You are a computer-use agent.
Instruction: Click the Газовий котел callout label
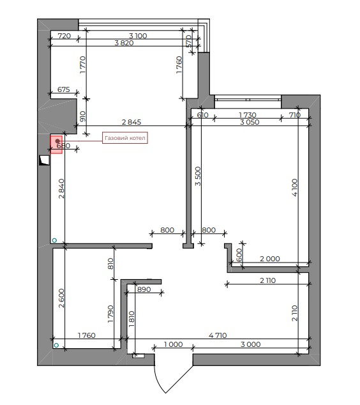coord(125,138)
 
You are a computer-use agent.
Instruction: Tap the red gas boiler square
coord(56,144)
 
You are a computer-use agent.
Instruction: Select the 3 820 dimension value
coord(124,43)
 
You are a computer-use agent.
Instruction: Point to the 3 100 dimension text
coord(138,36)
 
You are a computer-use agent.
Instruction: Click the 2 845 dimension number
coord(131,122)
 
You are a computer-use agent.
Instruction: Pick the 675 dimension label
coord(63,89)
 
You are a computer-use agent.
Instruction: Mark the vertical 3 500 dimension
coord(198,176)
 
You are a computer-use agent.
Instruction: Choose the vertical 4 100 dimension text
coord(295,188)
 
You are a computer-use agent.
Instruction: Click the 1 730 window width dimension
coord(248,115)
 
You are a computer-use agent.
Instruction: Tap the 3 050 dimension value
coord(250,122)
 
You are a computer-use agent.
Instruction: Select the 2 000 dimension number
coord(269,259)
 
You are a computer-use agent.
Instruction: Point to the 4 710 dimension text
coord(218,335)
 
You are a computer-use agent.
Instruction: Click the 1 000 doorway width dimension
coord(173,344)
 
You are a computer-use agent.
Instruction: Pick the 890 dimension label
coord(144,289)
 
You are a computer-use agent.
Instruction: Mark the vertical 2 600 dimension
coord(61,298)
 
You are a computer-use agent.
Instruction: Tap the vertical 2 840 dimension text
coord(61,188)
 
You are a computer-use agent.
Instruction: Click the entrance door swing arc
coord(158,379)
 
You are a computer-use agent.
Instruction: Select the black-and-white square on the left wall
coord(44,160)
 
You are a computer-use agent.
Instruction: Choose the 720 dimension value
coord(64,36)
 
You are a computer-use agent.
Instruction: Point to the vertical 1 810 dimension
coord(131,319)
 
